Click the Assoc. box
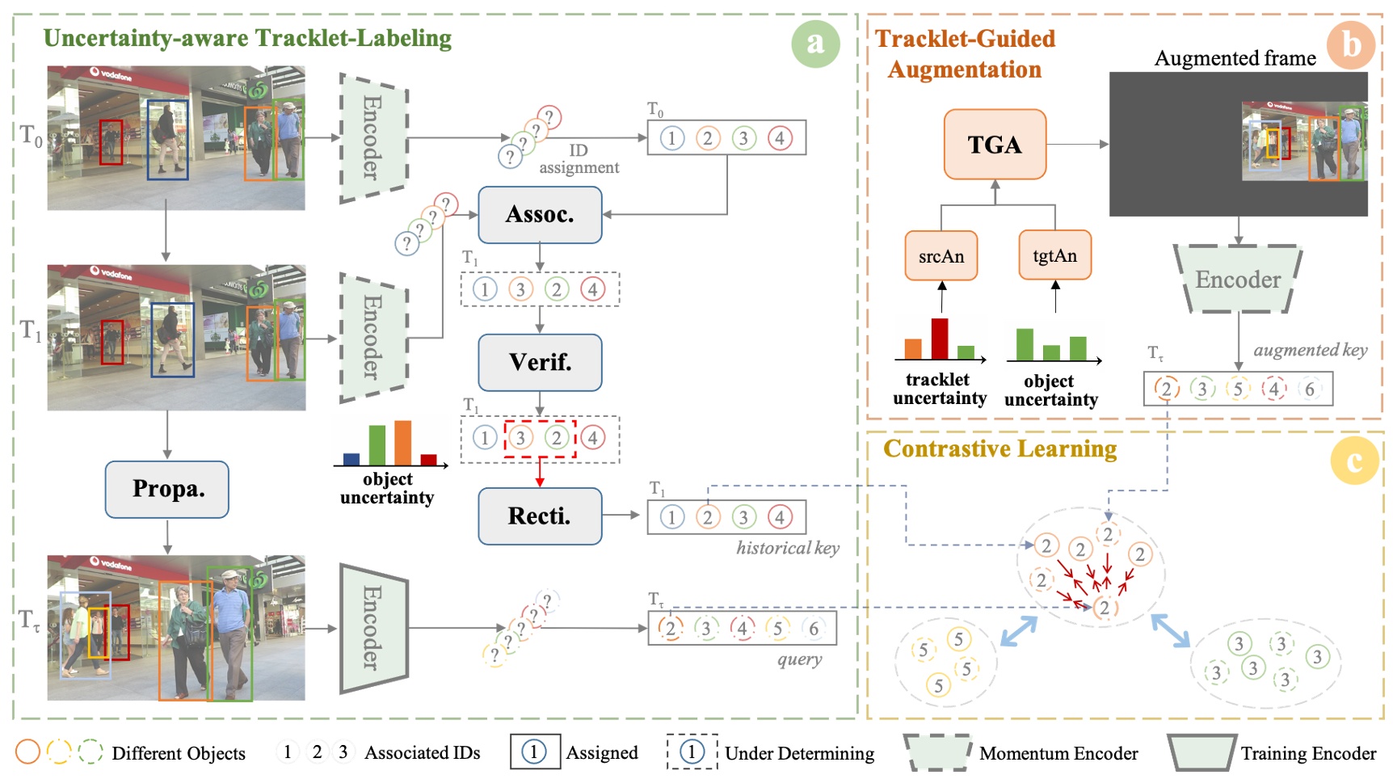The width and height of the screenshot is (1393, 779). [x=540, y=215]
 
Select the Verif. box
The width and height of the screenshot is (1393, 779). [x=540, y=362]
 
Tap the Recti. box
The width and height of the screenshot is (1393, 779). [x=540, y=516]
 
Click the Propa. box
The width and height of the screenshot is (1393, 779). [x=167, y=490]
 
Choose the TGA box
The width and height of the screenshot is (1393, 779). [x=995, y=145]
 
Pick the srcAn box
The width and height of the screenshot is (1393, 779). [x=941, y=256]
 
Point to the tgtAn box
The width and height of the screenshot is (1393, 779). [x=1054, y=255]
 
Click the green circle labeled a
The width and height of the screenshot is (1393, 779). [x=815, y=43]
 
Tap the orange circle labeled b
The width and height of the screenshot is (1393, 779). [x=1351, y=44]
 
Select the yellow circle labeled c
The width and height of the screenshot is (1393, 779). [x=1354, y=461]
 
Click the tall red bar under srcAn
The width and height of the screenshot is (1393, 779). [x=939, y=339]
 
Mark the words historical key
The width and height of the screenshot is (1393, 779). [x=788, y=548]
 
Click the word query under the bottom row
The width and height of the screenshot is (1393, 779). [x=800, y=659]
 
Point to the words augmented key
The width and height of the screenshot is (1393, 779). [x=1310, y=350]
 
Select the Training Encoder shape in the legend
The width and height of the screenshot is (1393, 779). [x=1201, y=752]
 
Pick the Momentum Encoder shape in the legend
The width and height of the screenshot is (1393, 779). [x=937, y=752]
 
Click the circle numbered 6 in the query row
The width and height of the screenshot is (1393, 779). [x=814, y=629]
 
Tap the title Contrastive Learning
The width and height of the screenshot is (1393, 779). [x=1000, y=449]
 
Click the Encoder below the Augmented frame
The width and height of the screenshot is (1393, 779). [x=1238, y=280]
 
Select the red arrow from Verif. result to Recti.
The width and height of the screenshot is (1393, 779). [x=540, y=473]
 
